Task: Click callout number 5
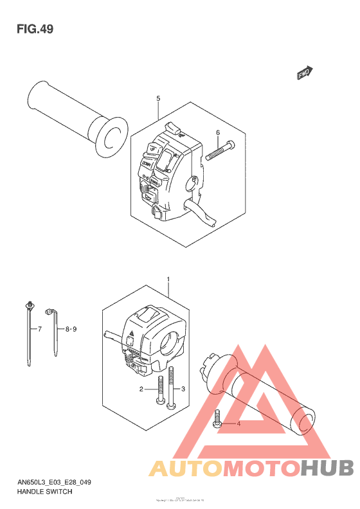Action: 157,98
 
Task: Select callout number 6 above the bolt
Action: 218,133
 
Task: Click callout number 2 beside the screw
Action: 141,389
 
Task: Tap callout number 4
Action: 239,424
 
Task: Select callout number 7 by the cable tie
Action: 39,329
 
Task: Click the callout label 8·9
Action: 71,329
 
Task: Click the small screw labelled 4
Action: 217,422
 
